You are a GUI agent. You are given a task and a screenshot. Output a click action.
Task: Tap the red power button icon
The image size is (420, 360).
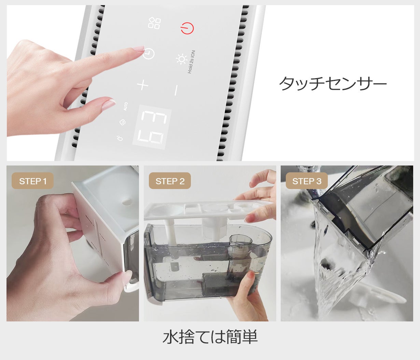(187, 28)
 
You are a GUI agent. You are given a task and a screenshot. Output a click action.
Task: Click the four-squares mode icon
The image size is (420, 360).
(154, 23)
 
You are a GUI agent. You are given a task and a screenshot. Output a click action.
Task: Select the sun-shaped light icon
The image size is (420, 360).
(181, 59)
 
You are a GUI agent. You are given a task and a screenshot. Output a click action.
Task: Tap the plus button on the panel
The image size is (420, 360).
(143, 85)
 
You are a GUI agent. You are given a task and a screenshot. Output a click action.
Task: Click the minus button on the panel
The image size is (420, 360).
(176, 90)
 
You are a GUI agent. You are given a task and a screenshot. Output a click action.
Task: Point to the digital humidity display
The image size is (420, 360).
(152, 127)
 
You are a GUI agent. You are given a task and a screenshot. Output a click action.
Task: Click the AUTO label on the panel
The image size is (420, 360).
(126, 106)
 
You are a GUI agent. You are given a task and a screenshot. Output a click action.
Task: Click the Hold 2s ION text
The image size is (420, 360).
(192, 62)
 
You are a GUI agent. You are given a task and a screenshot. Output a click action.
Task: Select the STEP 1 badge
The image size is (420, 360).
(33, 181)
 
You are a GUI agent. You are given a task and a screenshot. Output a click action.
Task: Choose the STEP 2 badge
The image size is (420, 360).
(170, 181)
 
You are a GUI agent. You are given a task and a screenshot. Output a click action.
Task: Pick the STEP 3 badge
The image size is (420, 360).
(307, 181)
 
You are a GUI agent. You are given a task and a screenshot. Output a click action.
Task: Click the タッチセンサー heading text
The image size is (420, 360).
(333, 83)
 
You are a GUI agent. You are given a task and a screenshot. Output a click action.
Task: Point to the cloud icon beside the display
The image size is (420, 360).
(122, 122)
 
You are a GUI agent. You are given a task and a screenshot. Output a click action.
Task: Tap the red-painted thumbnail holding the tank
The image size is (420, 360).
(252, 275)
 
